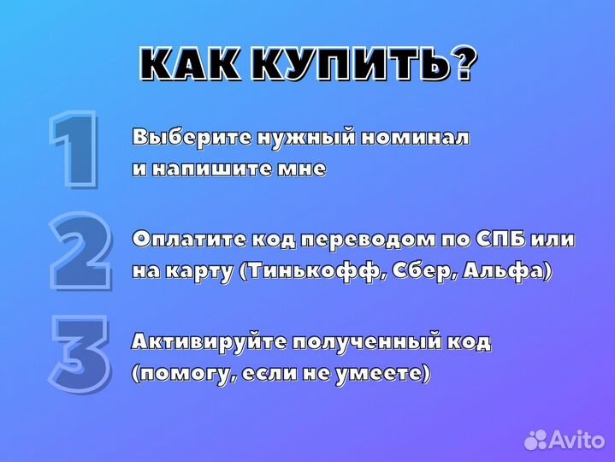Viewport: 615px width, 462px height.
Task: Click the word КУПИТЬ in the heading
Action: (x=355, y=64)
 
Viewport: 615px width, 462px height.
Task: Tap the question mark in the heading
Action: (x=462, y=63)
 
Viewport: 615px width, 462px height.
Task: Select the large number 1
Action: (x=76, y=150)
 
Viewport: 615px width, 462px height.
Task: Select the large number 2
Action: (x=80, y=252)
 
